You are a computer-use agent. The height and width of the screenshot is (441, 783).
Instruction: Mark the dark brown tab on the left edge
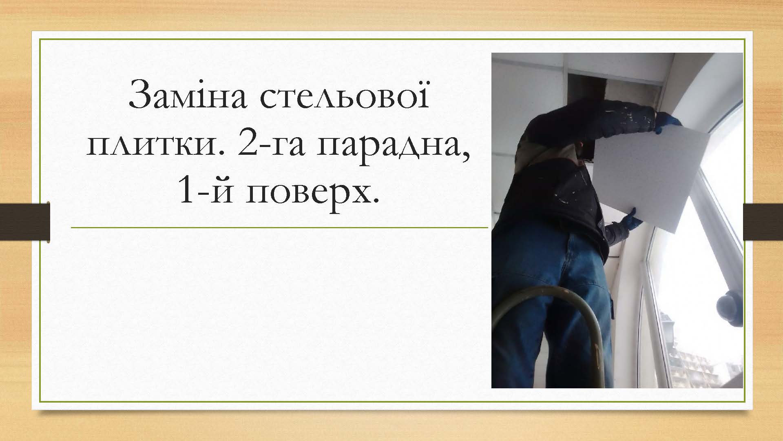click(25, 222)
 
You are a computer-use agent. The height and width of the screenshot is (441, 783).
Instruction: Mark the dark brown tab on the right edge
click(763, 222)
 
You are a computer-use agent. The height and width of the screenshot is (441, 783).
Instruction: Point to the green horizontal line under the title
click(279, 227)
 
